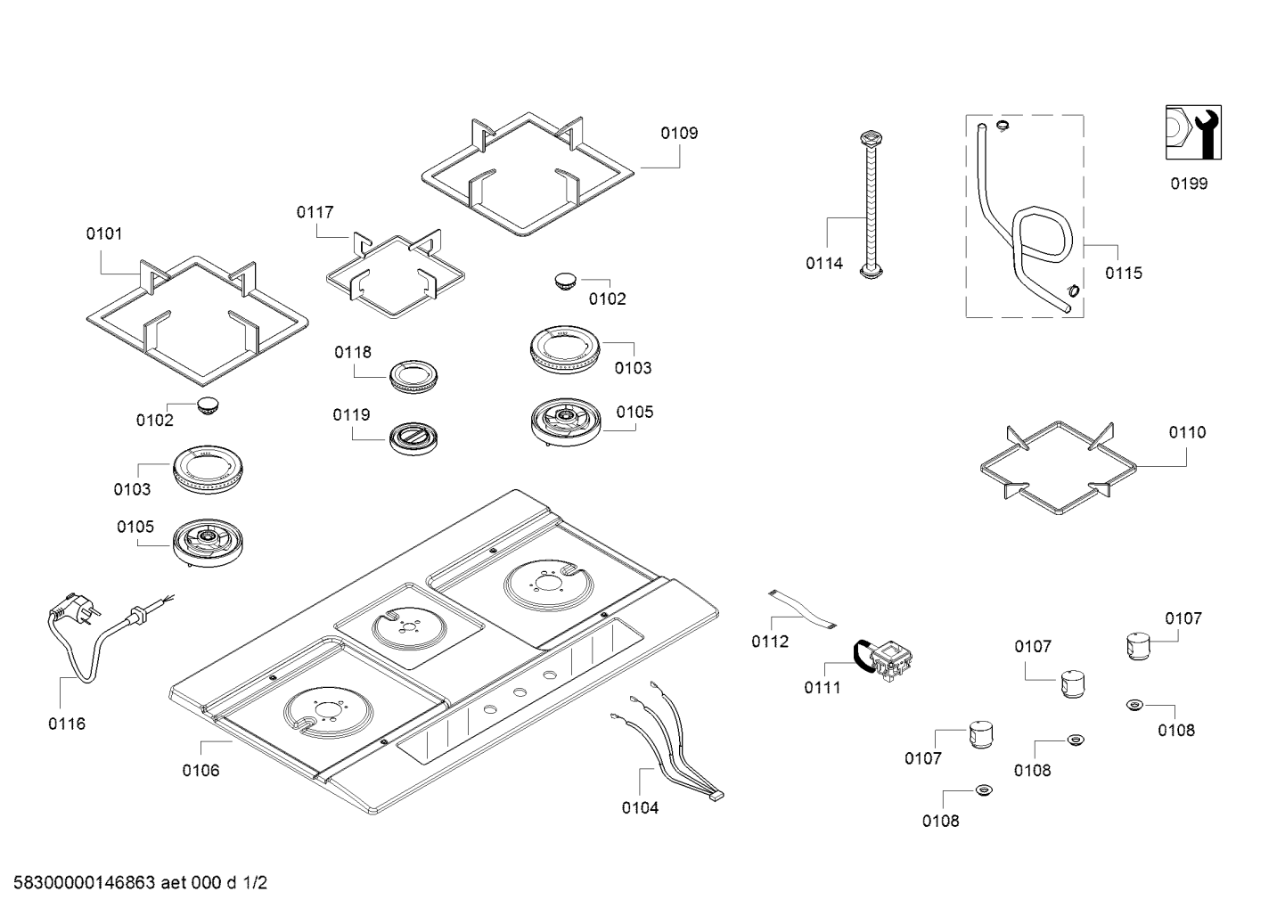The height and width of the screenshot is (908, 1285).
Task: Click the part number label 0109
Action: pos(679,134)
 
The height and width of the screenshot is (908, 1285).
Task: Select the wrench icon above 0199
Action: pos(1193,133)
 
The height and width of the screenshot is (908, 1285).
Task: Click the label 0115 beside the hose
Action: pos(1123,274)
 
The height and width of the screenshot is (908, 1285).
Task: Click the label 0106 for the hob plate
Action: pos(201,771)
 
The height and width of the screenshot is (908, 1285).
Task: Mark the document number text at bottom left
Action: pos(135,884)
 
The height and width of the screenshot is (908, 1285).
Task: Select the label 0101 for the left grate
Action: pos(104,234)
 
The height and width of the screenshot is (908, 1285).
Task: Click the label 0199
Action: pos(1189,184)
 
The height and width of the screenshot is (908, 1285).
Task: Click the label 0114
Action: pos(824,264)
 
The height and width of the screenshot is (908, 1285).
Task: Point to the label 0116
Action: pos(67,724)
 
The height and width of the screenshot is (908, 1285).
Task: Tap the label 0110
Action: pos(1187,433)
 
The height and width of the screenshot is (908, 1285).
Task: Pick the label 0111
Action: pos(822,688)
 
